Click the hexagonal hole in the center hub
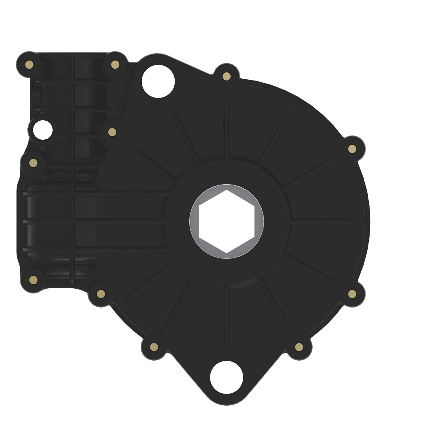tap(226, 221)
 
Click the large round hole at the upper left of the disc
tap(158, 81)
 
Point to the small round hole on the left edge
tap(42, 130)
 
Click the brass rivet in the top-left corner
tap(31, 65)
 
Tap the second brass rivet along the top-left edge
tap(115, 65)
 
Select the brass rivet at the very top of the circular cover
tap(227, 76)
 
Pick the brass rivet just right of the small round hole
tap(112, 132)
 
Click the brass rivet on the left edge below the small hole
tap(33, 163)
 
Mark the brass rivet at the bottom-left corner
tap(33, 279)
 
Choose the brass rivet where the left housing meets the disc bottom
tap(100, 294)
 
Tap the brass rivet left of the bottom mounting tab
tap(154, 347)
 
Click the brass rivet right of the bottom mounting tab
tap(299, 347)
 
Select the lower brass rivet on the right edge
tap(352, 294)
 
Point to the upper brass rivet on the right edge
tap(352, 149)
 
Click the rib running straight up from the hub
tap(227, 126)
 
